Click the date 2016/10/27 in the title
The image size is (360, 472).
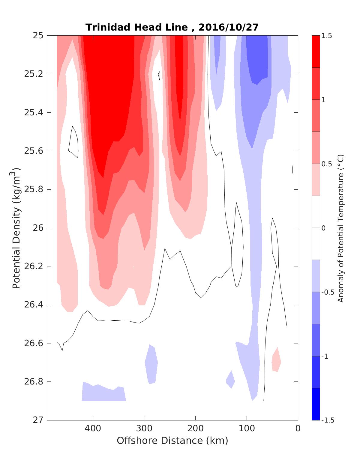pos(228,27)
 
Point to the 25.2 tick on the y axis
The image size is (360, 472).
pos(33,74)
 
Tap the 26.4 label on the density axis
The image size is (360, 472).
pos(33,305)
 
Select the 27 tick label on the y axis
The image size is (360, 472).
pos(37,420)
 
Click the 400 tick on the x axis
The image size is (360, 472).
pos(93,429)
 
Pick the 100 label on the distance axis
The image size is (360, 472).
pos(247,429)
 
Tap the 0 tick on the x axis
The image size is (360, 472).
pos(298,429)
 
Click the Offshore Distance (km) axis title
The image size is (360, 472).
pos(172,441)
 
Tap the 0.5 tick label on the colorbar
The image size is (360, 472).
pos(326,164)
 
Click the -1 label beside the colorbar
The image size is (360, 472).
pos(325,356)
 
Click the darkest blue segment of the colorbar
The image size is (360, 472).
pos(316,404)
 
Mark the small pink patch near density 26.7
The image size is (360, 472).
pos(276,360)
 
